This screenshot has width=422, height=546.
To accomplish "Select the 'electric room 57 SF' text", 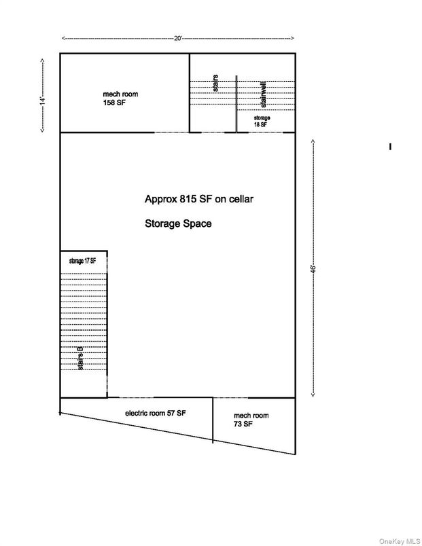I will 155,413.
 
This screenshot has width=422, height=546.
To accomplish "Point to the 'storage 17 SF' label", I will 82,260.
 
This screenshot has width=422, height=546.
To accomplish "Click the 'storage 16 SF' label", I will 261,122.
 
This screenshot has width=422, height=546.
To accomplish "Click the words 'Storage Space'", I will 177,223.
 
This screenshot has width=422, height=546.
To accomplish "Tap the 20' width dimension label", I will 178,39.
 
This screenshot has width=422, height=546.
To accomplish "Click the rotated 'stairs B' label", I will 80,358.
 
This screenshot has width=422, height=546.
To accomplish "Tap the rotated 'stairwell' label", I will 263,94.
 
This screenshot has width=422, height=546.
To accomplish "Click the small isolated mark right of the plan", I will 390,146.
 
